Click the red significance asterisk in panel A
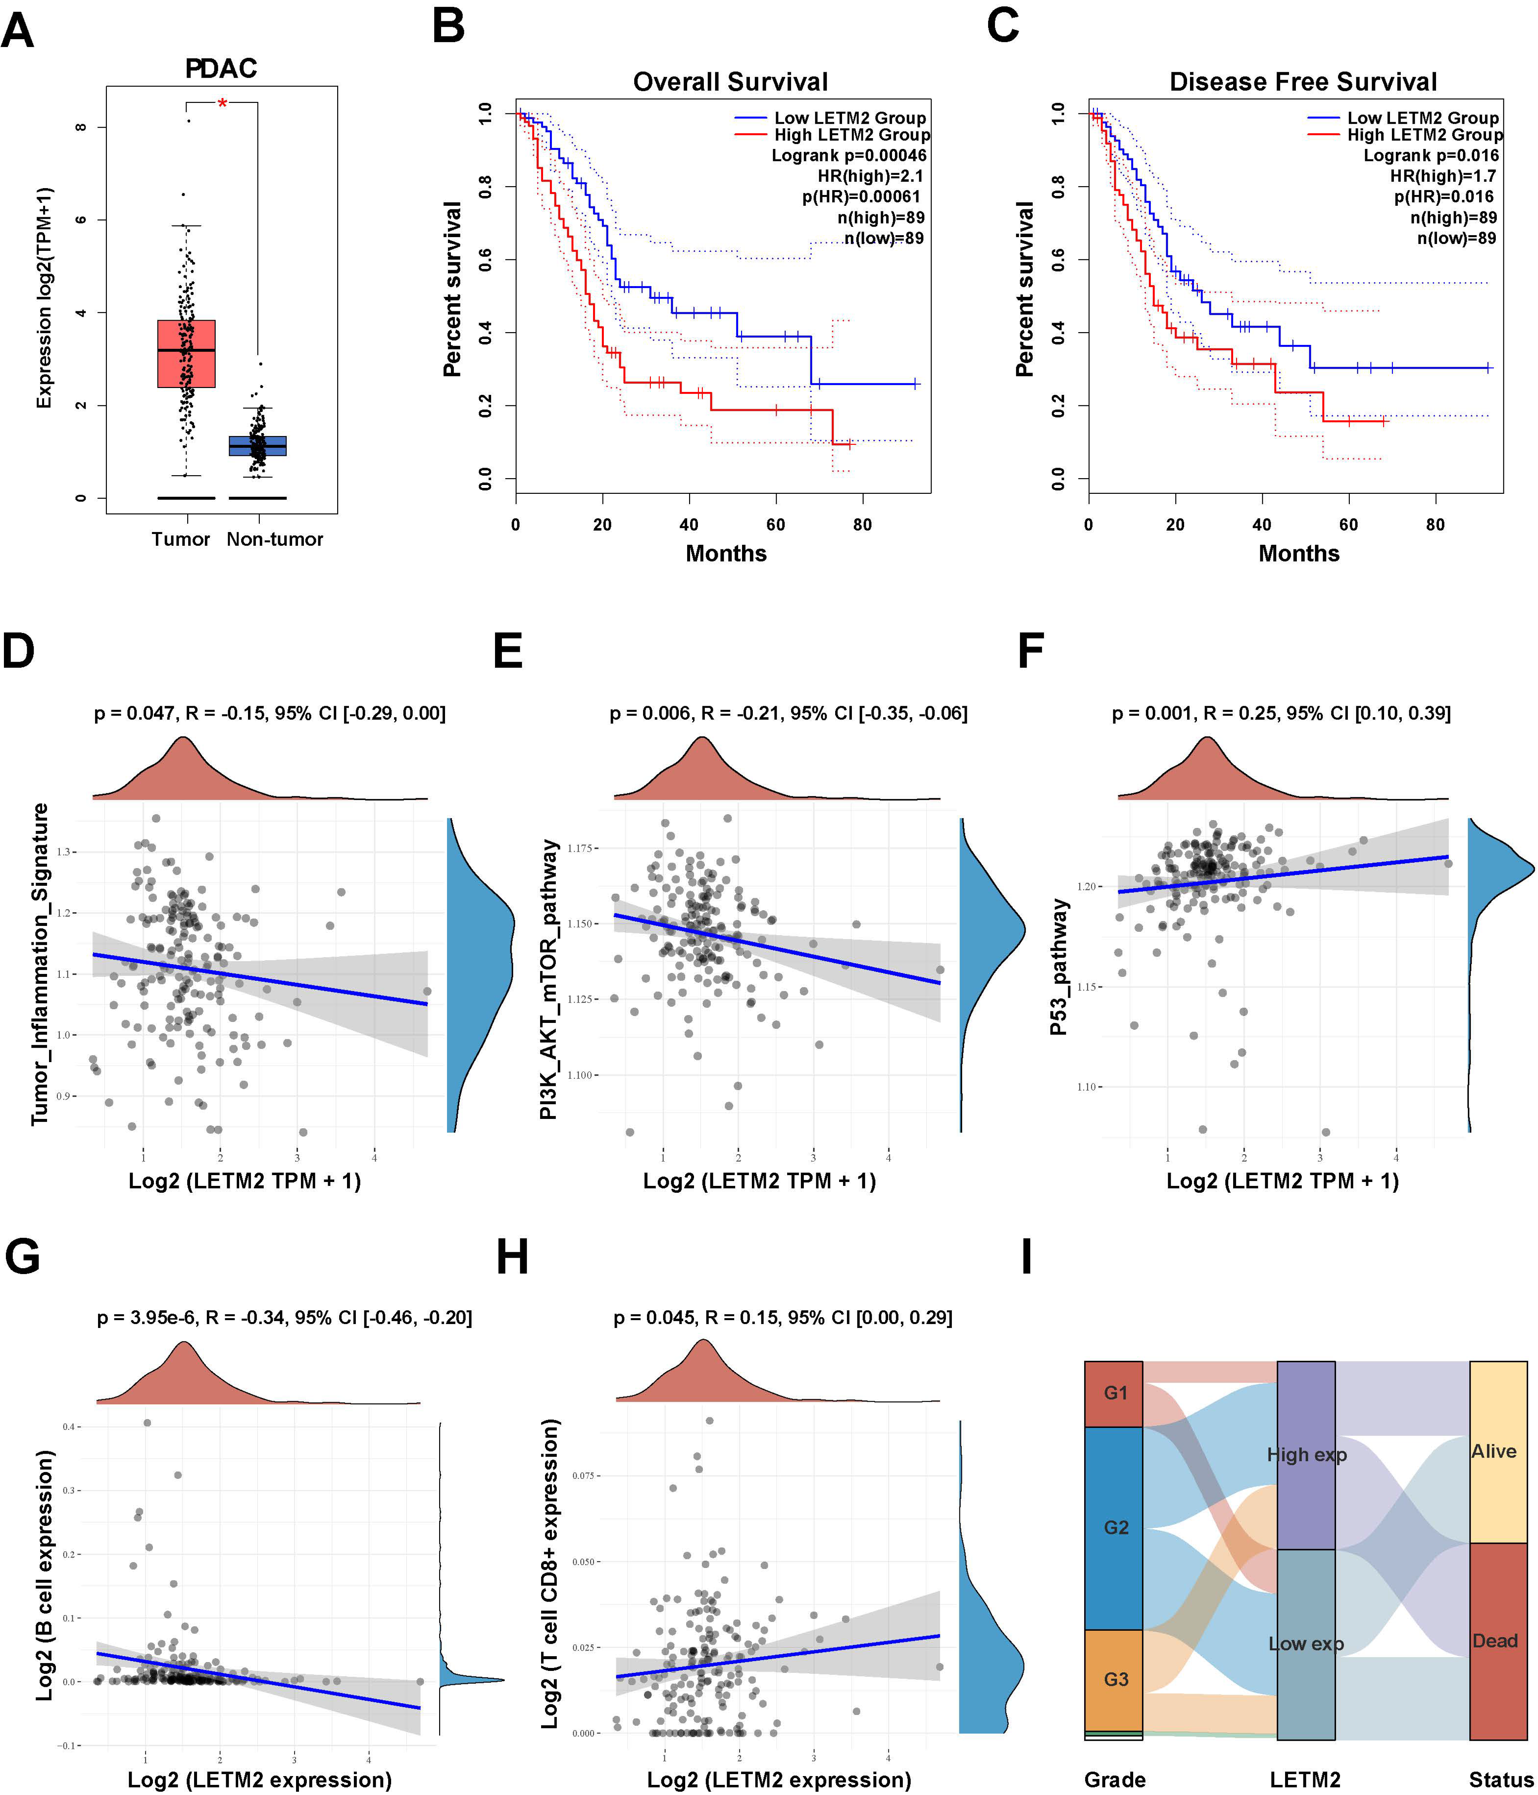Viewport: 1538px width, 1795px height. click(223, 104)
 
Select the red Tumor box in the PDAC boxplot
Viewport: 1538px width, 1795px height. click(186, 353)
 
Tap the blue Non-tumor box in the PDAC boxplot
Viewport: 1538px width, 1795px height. click(257, 445)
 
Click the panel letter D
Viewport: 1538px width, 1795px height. click(19, 650)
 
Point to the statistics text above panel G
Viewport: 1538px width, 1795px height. click(284, 1318)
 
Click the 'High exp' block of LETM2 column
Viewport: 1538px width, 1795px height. click(1306, 1455)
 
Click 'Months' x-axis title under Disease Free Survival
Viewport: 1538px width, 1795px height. click(1298, 554)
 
